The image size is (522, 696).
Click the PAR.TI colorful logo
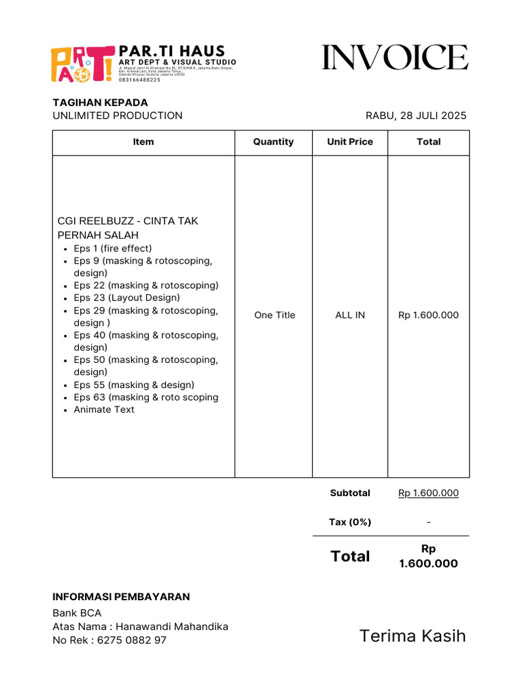point(82,65)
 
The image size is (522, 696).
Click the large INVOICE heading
point(395,58)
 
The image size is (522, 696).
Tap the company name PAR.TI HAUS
point(171,51)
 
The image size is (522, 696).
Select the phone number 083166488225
point(139,80)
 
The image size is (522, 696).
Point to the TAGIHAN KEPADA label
point(100,102)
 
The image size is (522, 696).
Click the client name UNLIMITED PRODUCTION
point(118,116)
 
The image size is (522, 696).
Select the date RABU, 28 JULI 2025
point(416,116)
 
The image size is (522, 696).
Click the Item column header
point(143,142)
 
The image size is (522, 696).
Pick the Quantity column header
point(273,142)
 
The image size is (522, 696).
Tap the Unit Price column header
point(350,142)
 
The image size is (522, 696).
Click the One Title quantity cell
point(275,315)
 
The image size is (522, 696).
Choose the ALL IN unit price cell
point(350,315)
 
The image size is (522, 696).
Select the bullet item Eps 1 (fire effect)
point(113,249)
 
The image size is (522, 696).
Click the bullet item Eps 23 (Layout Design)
point(126,298)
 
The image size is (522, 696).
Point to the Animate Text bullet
point(104,410)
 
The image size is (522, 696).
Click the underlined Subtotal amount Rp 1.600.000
point(428,493)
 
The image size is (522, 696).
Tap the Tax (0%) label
point(350,522)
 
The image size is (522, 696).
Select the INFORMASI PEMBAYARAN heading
point(121,597)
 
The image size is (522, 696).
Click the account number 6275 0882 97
point(132,640)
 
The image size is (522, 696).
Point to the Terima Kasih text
point(413,636)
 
